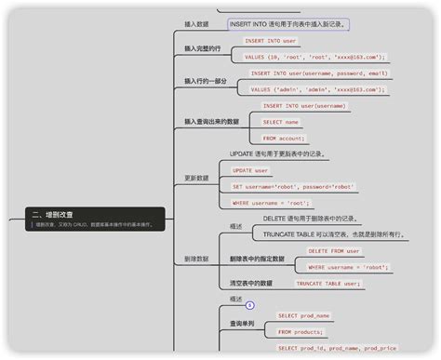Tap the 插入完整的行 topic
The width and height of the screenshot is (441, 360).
pos(203,48)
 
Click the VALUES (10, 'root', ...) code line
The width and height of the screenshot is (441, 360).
pos(314,57)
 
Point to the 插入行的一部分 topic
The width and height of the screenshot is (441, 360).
pos(206,81)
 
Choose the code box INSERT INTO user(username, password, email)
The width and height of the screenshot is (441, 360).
pos(318,73)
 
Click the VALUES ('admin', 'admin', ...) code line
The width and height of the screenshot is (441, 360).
pos(315,89)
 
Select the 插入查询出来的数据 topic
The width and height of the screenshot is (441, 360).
pos(211,121)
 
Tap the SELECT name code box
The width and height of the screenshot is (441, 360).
pos(280,122)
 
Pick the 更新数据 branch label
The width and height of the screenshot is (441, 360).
pos(196,178)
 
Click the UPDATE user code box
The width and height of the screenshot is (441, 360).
pos(250,170)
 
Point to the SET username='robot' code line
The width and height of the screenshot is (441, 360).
pos(293,186)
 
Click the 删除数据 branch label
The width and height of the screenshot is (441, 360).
pos(196,260)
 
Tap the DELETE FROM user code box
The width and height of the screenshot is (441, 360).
pos(333,251)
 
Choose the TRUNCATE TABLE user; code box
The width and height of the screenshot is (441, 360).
pos(327,284)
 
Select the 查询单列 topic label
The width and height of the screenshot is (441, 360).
pos(245,324)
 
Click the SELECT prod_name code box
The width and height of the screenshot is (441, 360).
pos(303,316)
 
